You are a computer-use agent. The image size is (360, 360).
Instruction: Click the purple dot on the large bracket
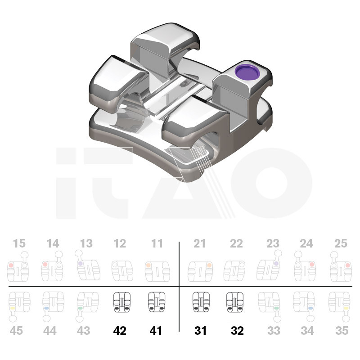[x=247, y=72]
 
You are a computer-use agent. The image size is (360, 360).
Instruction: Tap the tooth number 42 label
[x=120, y=331]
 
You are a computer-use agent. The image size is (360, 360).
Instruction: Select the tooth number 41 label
[x=156, y=331]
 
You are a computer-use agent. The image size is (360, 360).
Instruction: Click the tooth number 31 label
[x=200, y=331]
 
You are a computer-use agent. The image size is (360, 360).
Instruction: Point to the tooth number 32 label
[x=237, y=331]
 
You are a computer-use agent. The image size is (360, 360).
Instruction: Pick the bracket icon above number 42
[x=122, y=302]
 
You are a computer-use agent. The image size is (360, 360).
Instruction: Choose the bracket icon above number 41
[x=156, y=302]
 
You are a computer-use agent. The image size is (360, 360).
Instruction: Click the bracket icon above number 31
[x=201, y=302]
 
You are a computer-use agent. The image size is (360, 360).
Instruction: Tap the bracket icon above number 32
[x=234, y=302]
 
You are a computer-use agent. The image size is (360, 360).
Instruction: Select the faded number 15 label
[x=19, y=243]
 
